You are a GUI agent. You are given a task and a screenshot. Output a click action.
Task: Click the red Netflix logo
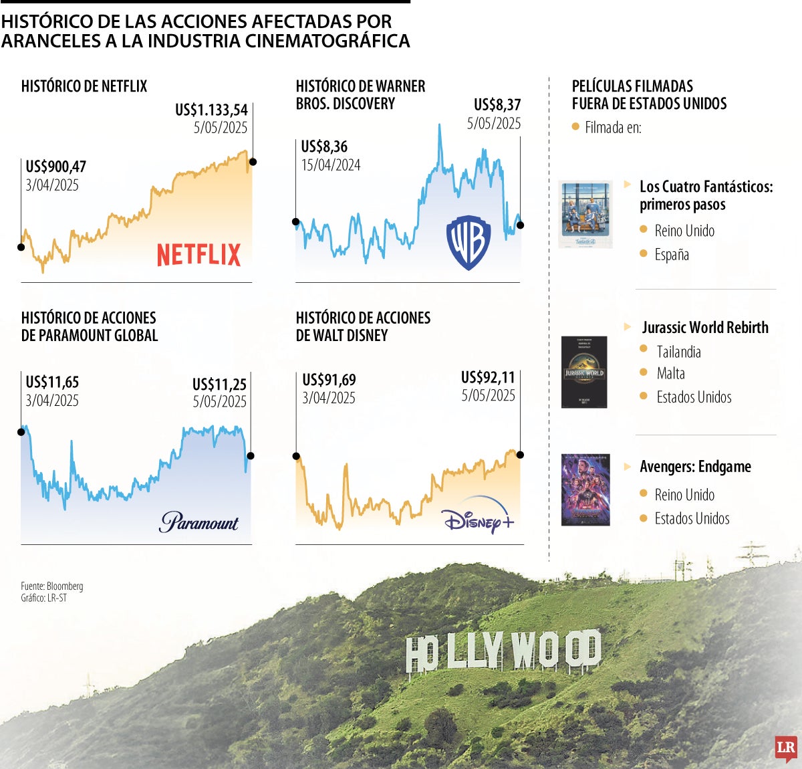[x=198, y=255]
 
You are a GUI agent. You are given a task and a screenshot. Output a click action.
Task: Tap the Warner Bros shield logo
[x=469, y=242]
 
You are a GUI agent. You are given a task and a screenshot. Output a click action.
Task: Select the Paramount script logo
[x=198, y=522]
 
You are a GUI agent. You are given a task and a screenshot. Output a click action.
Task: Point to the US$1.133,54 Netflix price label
[x=211, y=110]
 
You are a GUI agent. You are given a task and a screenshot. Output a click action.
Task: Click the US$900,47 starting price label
[x=56, y=167]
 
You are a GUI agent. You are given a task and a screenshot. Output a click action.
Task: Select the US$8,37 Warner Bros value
[x=497, y=105]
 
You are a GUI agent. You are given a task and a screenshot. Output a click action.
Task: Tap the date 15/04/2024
[x=330, y=165]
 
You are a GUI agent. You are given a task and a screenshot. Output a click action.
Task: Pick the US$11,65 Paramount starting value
[x=52, y=382]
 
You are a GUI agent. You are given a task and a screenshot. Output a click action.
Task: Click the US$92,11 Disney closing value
[x=488, y=378]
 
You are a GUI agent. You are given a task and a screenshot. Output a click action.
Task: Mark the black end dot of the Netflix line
[x=253, y=162]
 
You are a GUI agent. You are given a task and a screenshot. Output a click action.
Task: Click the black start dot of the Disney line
[x=296, y=456]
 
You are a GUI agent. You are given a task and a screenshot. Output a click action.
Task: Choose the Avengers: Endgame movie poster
[x=585, y=489]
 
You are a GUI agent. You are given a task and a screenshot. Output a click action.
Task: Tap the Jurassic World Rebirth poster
[x=584, y=372]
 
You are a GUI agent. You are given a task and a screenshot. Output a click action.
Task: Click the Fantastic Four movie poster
[x=585, y=214]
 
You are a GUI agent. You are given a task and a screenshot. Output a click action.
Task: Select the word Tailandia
[x=678, y=352]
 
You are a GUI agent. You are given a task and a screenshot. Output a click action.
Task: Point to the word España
[x=672, y=255]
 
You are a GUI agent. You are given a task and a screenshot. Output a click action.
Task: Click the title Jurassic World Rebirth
[x=705, y=328]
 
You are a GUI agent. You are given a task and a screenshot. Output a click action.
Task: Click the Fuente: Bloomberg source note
[x=52, y=586]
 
